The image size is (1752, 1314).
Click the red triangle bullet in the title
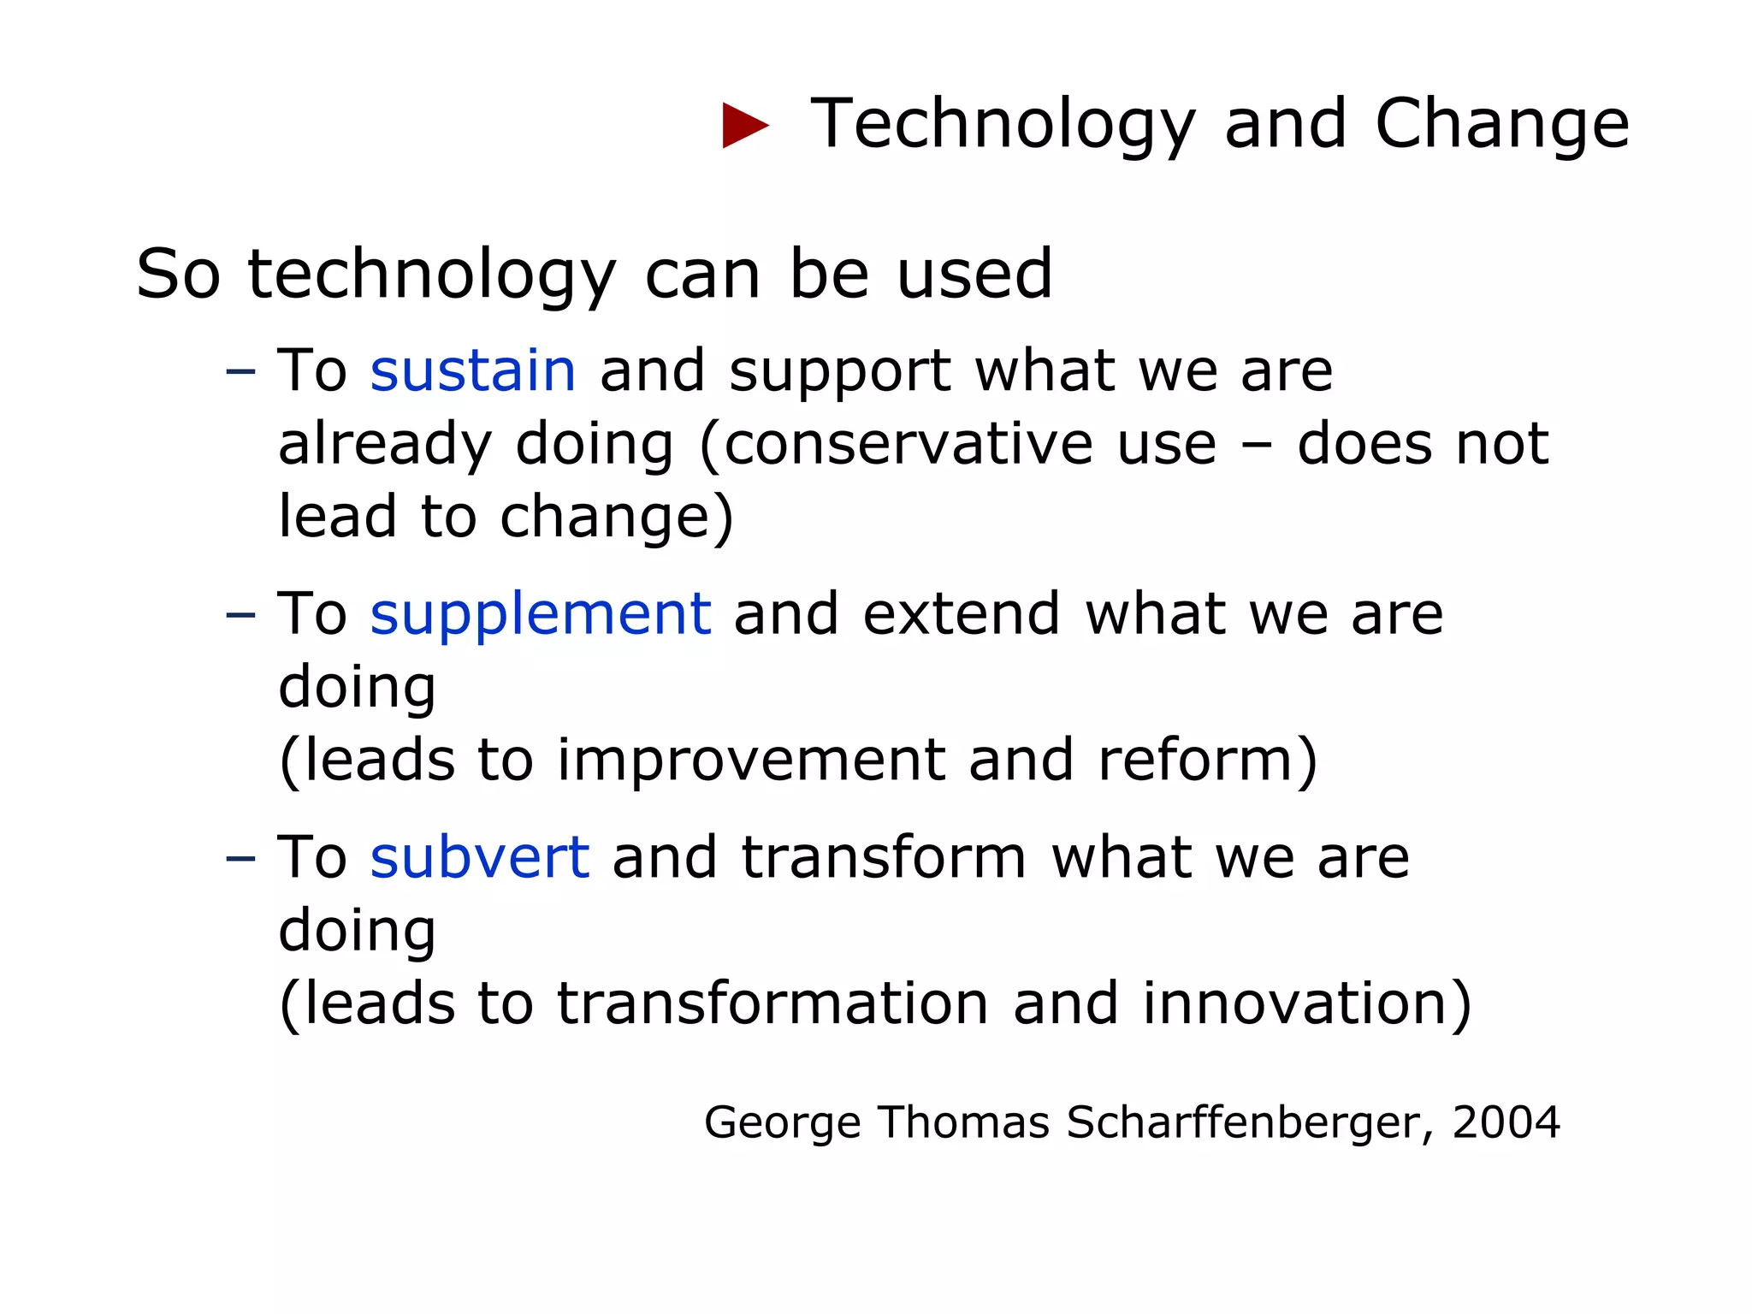coord(743,125)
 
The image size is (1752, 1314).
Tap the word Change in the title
coord(1501,125)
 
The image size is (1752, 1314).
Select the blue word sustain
coord(472,371)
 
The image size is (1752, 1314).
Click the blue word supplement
coord(540,614)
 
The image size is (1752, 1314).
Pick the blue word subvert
coord(479,857)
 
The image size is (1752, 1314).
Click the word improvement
coord(750,760)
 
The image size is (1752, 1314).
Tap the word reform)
coord(1207,760)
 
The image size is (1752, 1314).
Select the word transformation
coord(772,1003)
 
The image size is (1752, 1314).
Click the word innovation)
coord(1307,1003)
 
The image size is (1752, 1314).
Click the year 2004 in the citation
coord(1506,1122)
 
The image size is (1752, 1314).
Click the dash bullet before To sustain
coord(240,373)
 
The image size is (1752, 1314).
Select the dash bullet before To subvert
coord(240,859)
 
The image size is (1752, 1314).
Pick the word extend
coord(962,614)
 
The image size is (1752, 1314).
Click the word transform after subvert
coord(883,857)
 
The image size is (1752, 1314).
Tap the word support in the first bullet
coord(839,373)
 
